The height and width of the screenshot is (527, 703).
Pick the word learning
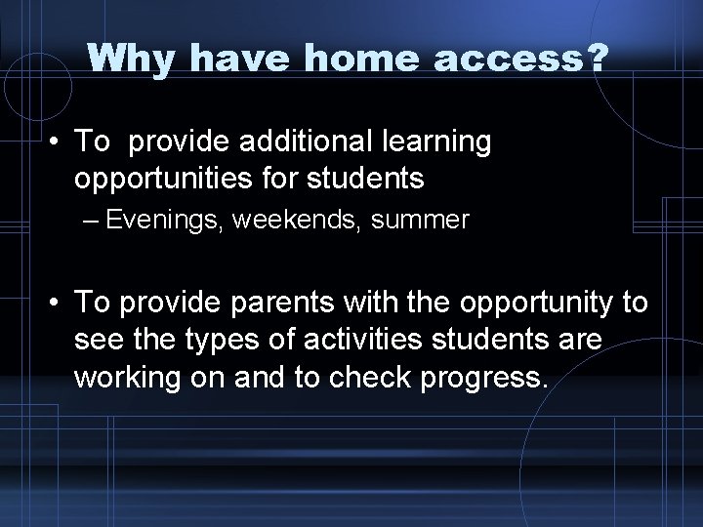[x=439, y=142]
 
